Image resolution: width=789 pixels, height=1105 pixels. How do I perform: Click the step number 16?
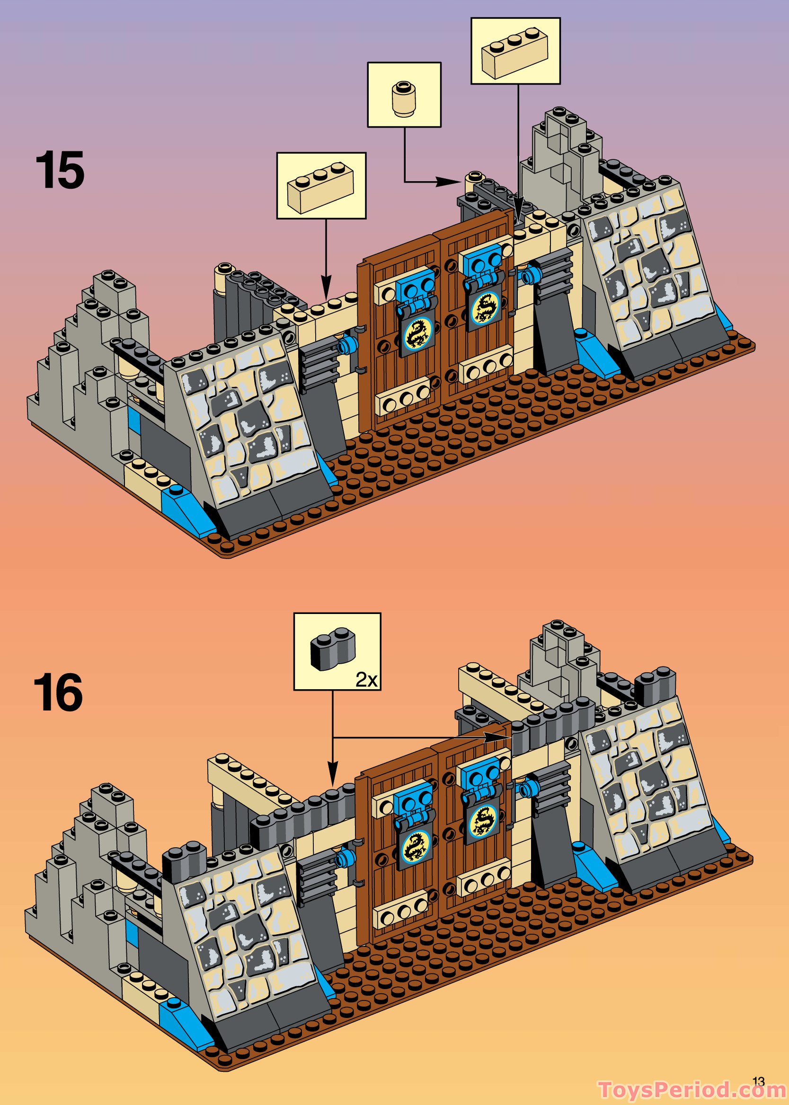pos(58,694)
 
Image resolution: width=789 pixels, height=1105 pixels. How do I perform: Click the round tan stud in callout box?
pos(403,98)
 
